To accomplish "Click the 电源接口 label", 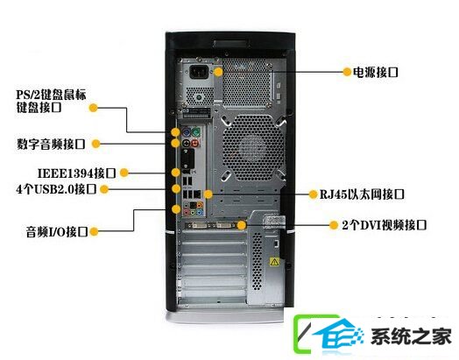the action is [x=376, y=72].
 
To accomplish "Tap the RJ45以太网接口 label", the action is [x=362, y=194].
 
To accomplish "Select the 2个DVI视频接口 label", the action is [x=384, y=225].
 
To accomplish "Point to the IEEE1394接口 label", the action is [x=77, y=173].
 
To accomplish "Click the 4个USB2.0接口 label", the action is [x=56, y=189].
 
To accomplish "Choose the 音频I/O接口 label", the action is [x=57, y=232].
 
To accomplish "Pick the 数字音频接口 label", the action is [x=51, y=144].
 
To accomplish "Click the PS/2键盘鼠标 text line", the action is [x=51, y=95].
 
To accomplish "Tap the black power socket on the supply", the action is [x=199, y=72].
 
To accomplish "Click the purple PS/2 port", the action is [x=187, y=132].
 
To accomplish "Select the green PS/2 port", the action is [x=196, y=132].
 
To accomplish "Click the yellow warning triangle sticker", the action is [x=274, y=262].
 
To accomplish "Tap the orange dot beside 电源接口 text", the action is [x=347, y=72].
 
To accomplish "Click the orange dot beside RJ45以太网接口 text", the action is [x=314, y=194].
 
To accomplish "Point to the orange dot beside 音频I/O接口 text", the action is [x=94, y=232].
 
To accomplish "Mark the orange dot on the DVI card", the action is [x=242, y=225].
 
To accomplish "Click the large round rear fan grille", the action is [x=253, y=147].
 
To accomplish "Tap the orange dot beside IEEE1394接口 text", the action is [x=124, y=173].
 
